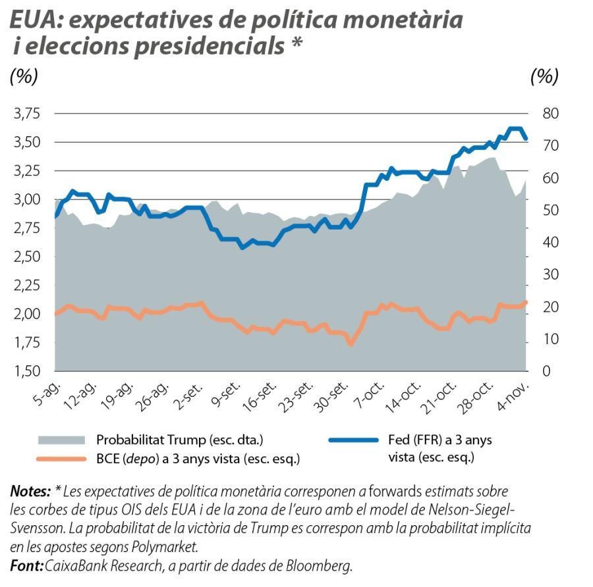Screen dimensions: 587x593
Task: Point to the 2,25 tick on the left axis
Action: click(x=26, y=285)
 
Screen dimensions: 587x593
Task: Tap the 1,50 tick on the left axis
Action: click(x=26, y=371)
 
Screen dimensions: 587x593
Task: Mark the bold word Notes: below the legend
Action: click(x=30, y=491)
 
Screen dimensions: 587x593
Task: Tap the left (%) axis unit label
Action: click(x=24, y=76)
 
